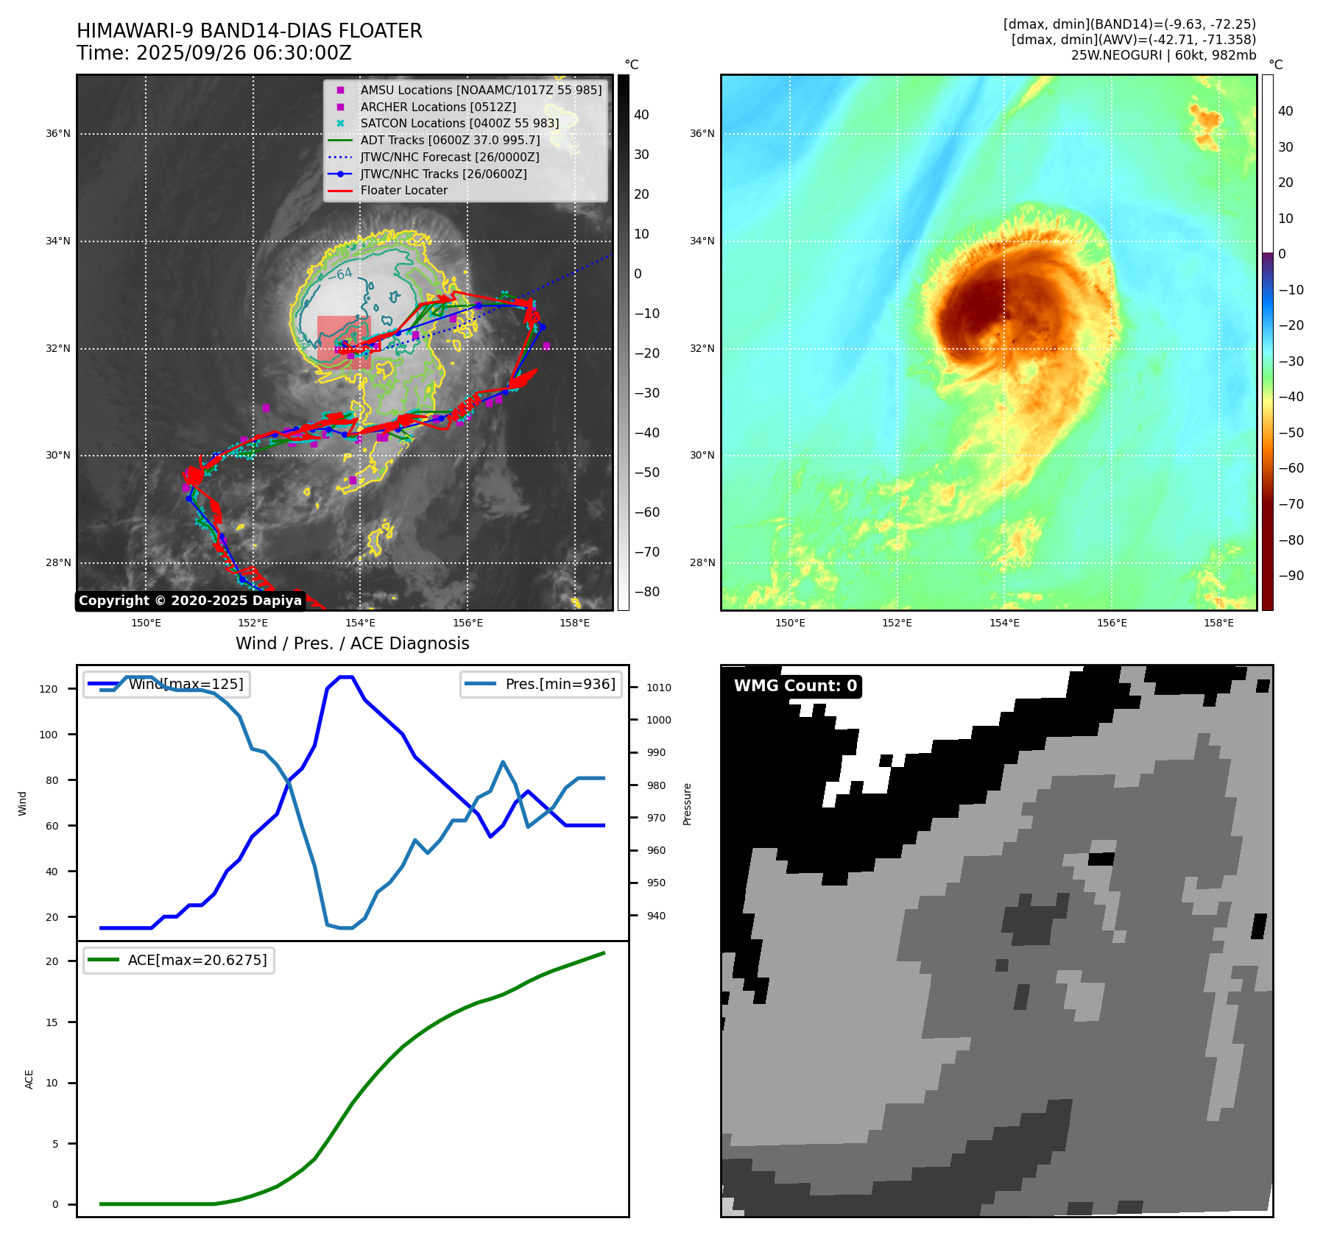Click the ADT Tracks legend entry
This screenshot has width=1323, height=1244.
pos(450,140)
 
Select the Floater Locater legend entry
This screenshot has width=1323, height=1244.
pos(403,190)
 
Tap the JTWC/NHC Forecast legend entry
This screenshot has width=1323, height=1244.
pos(449,157)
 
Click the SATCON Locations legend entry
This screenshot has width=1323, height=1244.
pos(459,123)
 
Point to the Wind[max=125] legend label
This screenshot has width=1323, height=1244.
pos(186,684)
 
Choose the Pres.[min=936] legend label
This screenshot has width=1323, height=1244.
pos(560,684)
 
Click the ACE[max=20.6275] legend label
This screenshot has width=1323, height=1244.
pos(197,960)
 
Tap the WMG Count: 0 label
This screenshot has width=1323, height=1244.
pos(795,686)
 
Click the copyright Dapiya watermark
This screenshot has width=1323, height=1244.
pos(190,601)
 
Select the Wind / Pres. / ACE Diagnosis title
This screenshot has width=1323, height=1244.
pos(352,643)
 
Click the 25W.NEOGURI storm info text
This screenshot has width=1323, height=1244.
pos(1163,55)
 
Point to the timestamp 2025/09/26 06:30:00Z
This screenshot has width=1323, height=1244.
pos(214,54)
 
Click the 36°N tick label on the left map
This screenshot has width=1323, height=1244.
pos(58,134)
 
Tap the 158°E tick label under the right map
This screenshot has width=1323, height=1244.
pos(1218,623)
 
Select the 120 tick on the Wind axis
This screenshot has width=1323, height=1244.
pos(49,689)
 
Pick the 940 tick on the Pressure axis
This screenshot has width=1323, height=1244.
pos(656,916)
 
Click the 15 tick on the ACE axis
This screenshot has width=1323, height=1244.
pos(52,1022)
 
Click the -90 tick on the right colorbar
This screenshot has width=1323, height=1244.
pos(1291,576)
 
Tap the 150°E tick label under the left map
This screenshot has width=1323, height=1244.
pos(146,623)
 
